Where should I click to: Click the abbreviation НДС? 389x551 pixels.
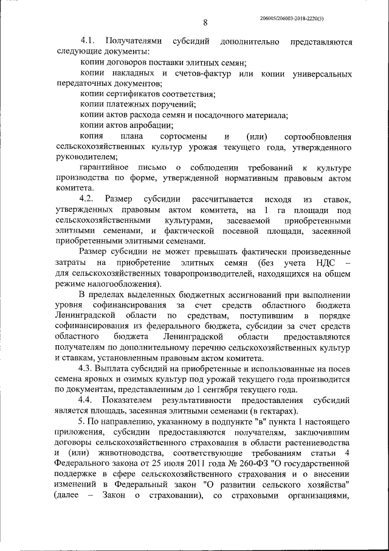(x=321, y=262)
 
